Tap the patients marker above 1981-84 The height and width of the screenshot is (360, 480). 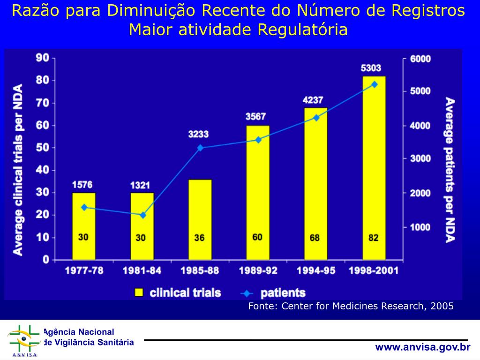(x=142, y=215)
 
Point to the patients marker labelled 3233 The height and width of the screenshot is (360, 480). (x=200, y=148)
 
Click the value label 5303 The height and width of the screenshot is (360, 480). (x=371, y=68)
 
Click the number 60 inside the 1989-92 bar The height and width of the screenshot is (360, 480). (x=257, y=237)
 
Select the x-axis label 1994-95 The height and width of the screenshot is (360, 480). (x=315, y=271)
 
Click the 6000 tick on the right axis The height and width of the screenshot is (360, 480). (x=420, y=59)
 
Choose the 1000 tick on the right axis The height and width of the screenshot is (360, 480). (x=420, y=227)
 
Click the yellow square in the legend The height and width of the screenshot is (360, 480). (x=139, y=293)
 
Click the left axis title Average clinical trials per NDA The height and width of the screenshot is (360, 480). (x=18, y=170)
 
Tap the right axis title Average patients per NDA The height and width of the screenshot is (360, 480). (x=450, y=170)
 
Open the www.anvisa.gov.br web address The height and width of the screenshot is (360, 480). (x=422, y=347)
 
